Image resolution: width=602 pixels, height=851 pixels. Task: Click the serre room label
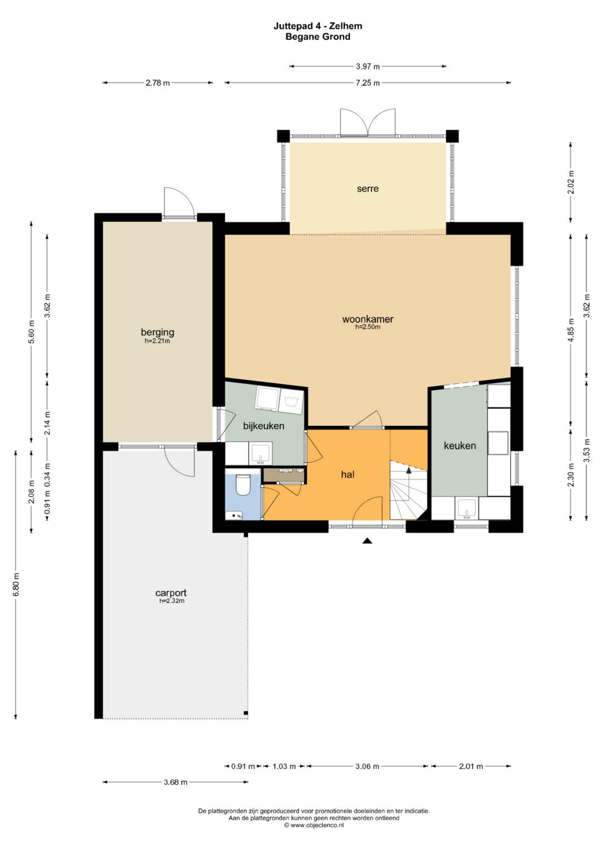(367, 189)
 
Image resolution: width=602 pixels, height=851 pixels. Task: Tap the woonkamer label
(367, 319)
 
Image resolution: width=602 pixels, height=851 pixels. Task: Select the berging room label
(157, 332)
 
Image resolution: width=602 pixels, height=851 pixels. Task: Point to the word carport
(171, 592)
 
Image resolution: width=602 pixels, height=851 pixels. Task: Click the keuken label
(460, 446)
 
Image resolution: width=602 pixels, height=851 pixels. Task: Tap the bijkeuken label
(264, 426)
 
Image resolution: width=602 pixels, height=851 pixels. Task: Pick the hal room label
(348, 474)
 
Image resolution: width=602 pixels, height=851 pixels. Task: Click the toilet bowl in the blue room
(242, 485)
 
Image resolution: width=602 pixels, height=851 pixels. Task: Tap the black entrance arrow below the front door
(367, 541)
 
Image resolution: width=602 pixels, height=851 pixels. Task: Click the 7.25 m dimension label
(367, 83)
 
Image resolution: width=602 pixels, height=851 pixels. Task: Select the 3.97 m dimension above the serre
(367, 66)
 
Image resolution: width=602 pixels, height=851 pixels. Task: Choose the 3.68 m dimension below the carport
(176, 782)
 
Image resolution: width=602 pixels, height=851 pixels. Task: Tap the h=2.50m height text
(367, 327)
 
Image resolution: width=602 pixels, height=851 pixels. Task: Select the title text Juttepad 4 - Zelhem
(318, 26)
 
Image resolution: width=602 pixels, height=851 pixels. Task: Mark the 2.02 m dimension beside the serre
(570, 182)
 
